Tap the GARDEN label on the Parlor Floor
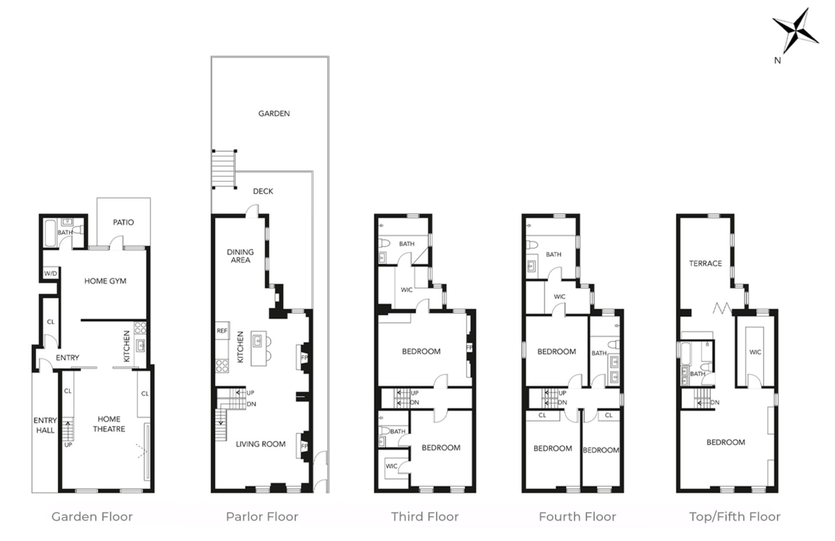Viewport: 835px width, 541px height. point(274,114)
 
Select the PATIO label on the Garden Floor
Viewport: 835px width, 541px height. point(124,222)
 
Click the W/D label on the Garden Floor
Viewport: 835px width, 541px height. point(50,274)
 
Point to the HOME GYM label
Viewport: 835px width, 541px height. point(105,281)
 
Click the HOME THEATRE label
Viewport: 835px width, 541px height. point(109,424)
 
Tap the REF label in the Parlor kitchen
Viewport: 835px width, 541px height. point(222,331)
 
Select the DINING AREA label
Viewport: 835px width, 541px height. point(240,256)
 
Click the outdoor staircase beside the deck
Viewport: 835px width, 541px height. point(224,169)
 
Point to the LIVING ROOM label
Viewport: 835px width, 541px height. point(261,444)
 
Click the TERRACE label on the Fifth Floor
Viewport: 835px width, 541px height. point(705,264)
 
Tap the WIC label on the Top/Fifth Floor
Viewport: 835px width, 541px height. point(755,352)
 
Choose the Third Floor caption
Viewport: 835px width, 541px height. point(424,517)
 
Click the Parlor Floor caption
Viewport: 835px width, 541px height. point(262,517)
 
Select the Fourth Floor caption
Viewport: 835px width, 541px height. point(577,517)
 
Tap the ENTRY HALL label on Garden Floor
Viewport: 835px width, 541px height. point(45,425)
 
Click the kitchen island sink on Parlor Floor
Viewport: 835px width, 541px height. point(257,341)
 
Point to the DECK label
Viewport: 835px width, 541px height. point(263,191)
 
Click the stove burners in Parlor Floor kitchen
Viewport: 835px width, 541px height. point(222,366)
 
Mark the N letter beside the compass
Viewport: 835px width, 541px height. point(778,60)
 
